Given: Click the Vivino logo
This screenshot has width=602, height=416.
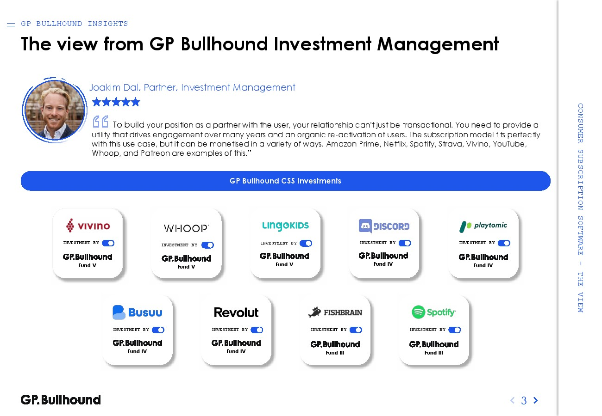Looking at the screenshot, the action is click(88, 225).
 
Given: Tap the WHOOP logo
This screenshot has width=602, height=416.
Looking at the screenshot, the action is click(186, 228).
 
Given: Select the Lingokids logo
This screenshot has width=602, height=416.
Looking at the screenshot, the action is click(285, 226).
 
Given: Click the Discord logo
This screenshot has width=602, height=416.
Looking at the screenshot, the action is click(384, 226).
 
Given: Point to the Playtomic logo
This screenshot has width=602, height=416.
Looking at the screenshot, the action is click(483, 226).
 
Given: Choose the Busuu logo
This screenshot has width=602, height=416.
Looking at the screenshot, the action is click(138, 312).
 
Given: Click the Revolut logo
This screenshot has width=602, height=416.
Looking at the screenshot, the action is click(236, 312).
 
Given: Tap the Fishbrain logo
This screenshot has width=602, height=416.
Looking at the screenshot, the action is click(335, 312).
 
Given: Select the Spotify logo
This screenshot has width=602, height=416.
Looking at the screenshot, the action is click(434, 312).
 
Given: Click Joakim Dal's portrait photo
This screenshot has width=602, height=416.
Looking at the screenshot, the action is click(55, 110).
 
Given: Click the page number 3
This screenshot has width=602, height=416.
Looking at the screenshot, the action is click(524, 400).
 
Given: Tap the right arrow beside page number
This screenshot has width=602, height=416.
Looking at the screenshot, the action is click(536, 400).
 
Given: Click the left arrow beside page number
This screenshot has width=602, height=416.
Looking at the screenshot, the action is click(513, 400).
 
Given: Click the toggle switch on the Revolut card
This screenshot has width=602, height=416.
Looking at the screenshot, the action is click(257, 330).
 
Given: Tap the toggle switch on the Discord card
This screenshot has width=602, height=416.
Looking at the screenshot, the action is click(405, 243).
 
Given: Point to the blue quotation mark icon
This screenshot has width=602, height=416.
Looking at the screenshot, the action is click(100, 122).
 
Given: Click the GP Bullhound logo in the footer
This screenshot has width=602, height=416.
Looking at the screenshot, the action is click(61, 400).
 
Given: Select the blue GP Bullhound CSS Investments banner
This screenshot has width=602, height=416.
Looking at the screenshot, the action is click(285, 181).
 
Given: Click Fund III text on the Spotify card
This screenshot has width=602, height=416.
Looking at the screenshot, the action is click(434, 353).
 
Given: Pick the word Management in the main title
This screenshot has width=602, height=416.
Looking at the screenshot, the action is click(438, 44).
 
